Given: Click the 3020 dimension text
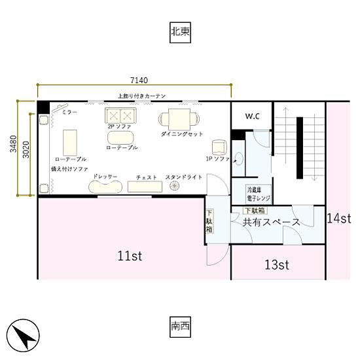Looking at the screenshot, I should [x=26, y=149].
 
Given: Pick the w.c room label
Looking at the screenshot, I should [x=253, y=116].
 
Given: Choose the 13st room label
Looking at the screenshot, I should [x=277, y=264].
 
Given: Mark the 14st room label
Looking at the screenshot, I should [x=340, y=218].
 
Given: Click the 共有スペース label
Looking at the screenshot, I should [x=271, y=223].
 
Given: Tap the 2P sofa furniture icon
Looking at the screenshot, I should [x=120, y=117].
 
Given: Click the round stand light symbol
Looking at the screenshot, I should [x=175, y=187].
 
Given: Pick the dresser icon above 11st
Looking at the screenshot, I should [x=105, y=187].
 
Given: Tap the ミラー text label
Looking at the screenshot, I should [x=69, y=113].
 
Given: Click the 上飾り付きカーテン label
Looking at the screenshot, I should [x=141, y=96].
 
